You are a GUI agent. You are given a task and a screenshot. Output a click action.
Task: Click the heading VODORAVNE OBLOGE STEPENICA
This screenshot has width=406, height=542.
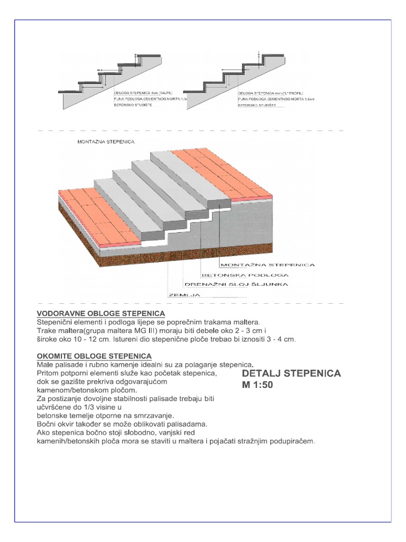tap(100, 314)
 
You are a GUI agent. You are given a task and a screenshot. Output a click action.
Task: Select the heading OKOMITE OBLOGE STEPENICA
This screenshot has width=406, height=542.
tap(94, 356)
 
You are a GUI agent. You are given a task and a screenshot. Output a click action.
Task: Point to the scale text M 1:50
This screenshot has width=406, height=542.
tap(257, 385)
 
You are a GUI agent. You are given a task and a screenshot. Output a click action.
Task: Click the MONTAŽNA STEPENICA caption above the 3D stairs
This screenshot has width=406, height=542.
tap(106, 142)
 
